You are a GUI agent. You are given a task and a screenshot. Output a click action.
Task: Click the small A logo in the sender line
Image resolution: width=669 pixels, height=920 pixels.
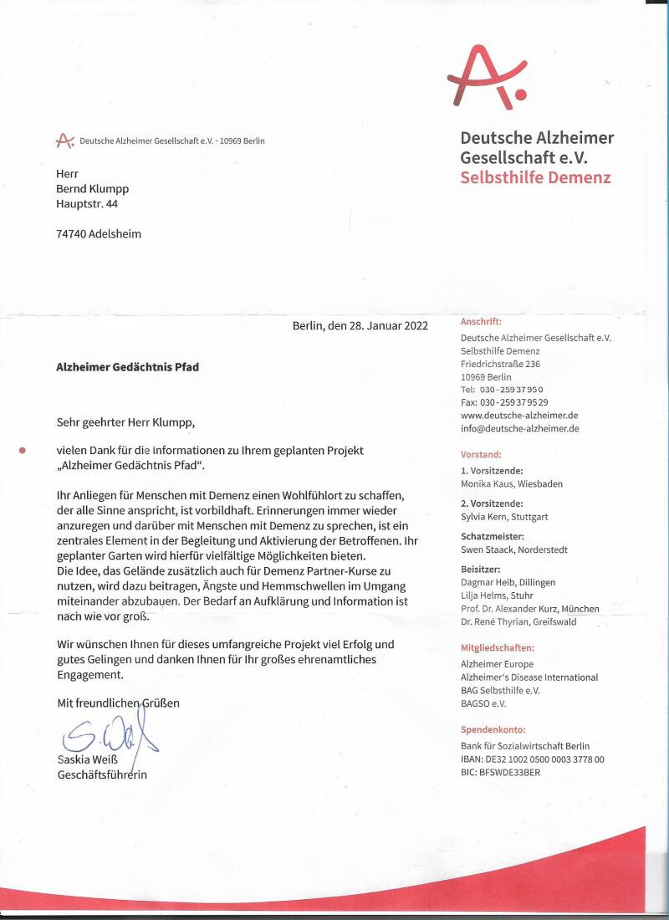click(64, 141)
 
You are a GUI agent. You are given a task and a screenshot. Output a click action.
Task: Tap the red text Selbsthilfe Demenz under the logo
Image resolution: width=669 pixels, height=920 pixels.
click(535, 177)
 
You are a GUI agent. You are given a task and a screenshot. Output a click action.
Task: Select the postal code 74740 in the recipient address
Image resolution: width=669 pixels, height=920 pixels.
click(70, 234)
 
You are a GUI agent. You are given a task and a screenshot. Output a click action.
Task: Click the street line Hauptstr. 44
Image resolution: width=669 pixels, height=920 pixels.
click(87, 203)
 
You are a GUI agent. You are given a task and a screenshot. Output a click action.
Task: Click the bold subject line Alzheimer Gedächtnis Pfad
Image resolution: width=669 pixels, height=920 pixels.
click(127, 367)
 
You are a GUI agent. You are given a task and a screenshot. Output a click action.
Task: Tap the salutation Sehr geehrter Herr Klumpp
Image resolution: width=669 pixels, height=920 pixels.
click(130, 422)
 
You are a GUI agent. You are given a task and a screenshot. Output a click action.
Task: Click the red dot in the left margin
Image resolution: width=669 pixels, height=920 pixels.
click(23, 450)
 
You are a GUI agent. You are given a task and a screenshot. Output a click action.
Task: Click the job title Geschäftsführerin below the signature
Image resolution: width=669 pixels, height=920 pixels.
click(101, 774)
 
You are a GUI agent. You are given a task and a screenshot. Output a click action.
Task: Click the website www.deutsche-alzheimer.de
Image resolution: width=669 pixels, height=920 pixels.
click(519, 415)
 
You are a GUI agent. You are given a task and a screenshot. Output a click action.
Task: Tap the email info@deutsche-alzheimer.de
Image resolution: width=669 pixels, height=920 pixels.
click(519, 428)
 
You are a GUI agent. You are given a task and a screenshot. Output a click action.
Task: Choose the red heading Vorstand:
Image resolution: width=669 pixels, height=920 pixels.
click(481, 455)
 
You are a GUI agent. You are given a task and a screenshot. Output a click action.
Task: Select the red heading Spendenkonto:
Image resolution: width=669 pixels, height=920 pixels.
click(493, 730)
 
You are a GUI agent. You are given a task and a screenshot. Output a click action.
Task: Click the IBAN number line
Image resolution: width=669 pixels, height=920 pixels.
click(532, 759)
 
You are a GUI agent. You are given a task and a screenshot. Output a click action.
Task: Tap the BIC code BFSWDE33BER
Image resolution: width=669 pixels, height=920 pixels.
click(500, 772)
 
